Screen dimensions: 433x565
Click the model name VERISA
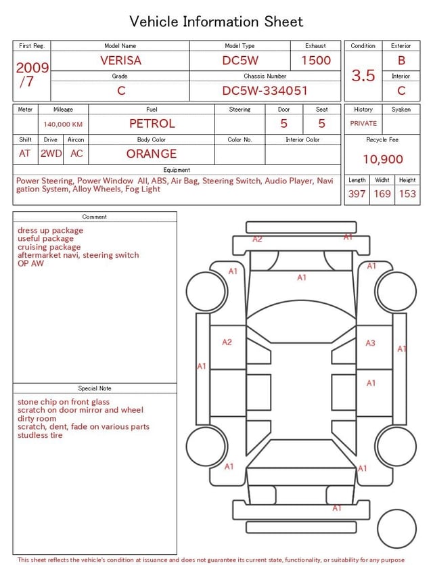[120, 60]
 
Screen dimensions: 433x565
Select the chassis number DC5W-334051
[265, 91]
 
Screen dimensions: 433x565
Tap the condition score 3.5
[363, 75]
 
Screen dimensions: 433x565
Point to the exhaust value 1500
[316, 60]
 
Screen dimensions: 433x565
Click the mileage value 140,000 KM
[63, 125]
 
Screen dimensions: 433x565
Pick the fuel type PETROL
[152, 124]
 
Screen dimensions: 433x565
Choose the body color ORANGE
[152, 154]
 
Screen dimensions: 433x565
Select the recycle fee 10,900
[382, 159]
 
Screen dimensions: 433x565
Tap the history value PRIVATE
[363, 123]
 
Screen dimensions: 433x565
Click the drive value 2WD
[51, 154]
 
